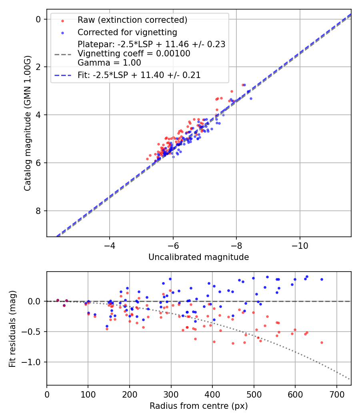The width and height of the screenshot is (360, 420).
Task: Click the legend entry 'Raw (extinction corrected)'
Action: pyautogui.click(x=132, y=20)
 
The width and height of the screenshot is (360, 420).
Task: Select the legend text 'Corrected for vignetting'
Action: pyautogui.click(x=127, y=32)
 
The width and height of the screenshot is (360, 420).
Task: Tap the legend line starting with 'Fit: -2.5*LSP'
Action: pyautogui.click(x=139, y=75)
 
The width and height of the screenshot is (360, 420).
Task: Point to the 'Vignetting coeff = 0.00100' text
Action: pyautogui.click(x=134, y=54)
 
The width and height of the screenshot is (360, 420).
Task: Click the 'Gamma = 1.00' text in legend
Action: pyautogui.click(x=109, y=62)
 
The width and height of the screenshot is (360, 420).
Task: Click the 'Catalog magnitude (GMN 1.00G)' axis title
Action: pyautogui.click(x=27, y=123)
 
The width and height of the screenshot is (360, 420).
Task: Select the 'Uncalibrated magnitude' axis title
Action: pyautogui.click(x=198, y=257)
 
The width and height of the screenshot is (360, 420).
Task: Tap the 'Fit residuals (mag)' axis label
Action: pyautogui.click(x=12, y=328)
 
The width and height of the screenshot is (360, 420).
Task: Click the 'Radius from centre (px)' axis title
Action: pyautogui.click(x=198, y=406)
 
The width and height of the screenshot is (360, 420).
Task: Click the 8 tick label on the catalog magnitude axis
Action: pyautogui.click(x=38, y=211)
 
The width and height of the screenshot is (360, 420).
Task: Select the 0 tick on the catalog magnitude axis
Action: pyautogui.click(x=38, y=19)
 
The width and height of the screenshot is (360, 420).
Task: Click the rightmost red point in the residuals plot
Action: pyautogui.click(x=322, y=342)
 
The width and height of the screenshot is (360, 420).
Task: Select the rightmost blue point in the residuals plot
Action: pyautogui.click(x=322, y=279)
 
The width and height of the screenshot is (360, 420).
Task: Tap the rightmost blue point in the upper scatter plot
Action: pyautogui.click(x=251, y=98)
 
